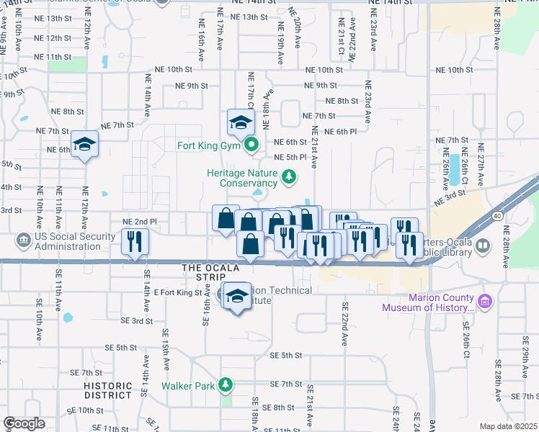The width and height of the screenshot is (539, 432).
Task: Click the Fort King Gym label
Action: tap(213, 145)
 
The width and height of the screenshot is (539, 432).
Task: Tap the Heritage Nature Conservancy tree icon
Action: tap(288, 176)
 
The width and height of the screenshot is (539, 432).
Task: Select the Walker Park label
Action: tap(188, 385)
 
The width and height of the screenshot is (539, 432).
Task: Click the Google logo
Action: tap(24, 423)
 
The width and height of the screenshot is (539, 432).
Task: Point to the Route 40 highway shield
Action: tap(498, 215)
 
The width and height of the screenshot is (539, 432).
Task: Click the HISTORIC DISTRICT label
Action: tap(108, 390)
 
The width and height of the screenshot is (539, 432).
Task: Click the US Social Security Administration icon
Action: tap(22, 238)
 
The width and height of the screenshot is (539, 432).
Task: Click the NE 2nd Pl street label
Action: tap(140, 221)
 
